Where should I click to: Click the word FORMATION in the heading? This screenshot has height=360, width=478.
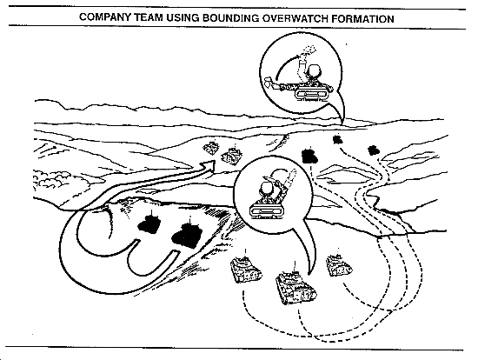(362, 19)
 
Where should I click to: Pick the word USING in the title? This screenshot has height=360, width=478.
(183, 17)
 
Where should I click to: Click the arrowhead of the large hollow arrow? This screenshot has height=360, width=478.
(209, 166)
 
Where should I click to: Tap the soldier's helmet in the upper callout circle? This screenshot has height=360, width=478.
(314, 72)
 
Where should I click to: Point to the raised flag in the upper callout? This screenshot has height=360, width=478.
(309, 50)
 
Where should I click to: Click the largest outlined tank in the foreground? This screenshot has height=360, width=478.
(295, 288)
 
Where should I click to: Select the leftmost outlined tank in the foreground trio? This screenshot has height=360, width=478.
(246, 270)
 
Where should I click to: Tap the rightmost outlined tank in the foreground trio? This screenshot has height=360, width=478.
(339, 265)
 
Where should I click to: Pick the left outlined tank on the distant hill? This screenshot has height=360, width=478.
(211, 149)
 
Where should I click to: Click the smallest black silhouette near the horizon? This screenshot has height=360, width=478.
(338, 140)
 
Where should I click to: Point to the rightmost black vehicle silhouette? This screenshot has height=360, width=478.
(373, 150)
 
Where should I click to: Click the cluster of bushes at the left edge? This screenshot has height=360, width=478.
(50, 179)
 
